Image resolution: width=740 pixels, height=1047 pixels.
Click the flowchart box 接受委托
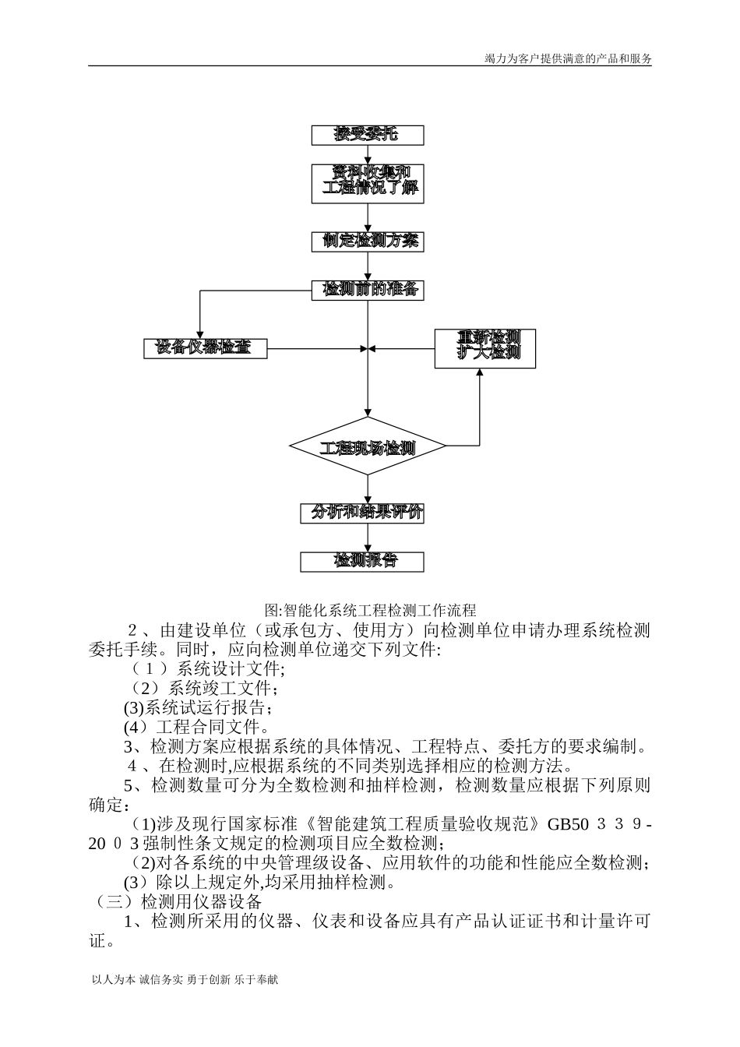coord(368,135)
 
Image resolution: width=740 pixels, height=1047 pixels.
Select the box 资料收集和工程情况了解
coord(368,183)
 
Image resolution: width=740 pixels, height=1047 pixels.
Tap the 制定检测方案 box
coord(368,241)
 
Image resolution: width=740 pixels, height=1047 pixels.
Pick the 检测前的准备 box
coord(368,290)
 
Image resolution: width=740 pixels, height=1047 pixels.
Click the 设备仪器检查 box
coord(205,348)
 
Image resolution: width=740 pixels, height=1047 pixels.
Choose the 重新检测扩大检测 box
coord(485,347)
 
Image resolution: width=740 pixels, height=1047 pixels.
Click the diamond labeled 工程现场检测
coord(368,447)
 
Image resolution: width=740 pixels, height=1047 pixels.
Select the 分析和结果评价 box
coord(363,513)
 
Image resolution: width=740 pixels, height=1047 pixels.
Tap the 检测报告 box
coord(363,562)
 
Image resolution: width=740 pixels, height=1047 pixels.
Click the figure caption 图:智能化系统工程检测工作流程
coord(370,610)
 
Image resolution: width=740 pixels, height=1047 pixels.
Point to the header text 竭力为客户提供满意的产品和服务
coord(568,58)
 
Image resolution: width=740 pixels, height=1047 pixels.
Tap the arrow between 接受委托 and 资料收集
coord(368,156)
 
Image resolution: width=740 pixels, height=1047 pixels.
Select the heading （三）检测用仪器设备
coord(176,902)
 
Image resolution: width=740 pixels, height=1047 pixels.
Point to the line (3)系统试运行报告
coord(199,708)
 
